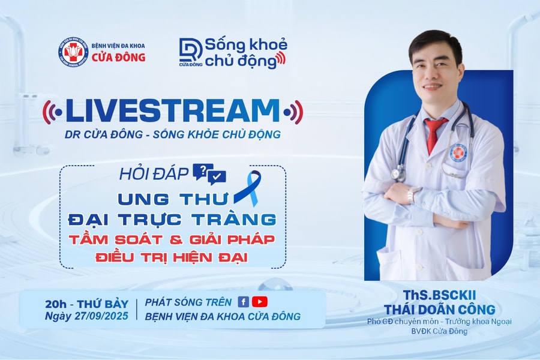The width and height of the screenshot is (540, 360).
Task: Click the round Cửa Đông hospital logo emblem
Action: pyautogui.click(x=73, y=52)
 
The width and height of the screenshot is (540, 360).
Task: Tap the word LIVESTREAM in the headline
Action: pyautogui.click(x=173, y=112)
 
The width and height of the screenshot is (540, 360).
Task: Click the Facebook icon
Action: pyautogui.click(x=244, y=302)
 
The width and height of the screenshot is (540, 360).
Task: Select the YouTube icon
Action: pyautogui.click(x=260, y=302)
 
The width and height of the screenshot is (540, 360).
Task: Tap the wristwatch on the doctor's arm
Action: pyautogui.click(x=413, y=193)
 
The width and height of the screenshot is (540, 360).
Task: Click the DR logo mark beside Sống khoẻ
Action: pyautogui.click(x=191, y=51)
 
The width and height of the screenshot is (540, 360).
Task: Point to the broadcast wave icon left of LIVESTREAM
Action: pyautogui.click(x=53, y=112)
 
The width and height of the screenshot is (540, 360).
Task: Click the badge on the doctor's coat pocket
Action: pyautogui.click(x=458, y=152)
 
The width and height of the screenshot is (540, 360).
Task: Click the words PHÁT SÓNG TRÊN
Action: pyautogui.click(x=190, y=302)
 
